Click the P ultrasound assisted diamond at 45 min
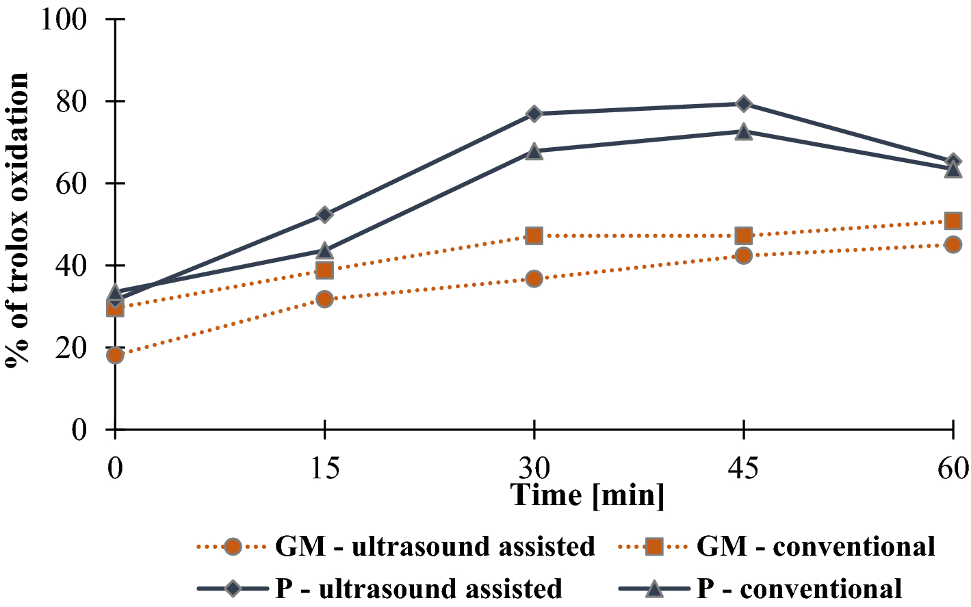[743, 103]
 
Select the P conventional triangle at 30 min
[534, 151]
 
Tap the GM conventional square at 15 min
[324, 270]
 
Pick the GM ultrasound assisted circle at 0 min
[115, 355]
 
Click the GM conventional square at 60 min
[953, 221]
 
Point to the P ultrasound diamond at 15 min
[324, 215]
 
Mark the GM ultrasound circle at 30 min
[534, 279]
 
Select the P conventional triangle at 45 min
[743, 131]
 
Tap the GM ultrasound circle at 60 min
[953, 244]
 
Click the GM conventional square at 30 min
[534, 236]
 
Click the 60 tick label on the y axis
[72, 183]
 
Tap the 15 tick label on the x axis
[324, 468]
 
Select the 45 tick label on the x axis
[743, 468]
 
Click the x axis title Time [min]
[588, 495]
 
